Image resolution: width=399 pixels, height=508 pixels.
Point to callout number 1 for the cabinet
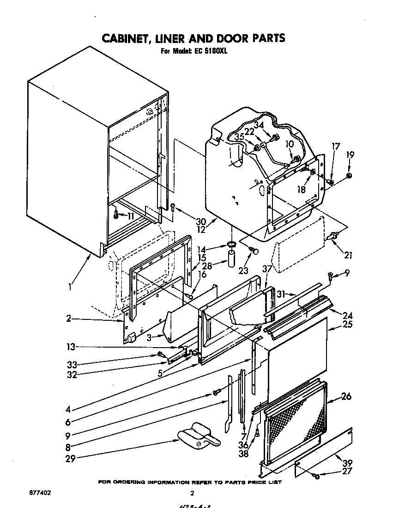pos(70,287)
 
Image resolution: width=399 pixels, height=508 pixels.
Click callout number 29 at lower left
pos(70,459)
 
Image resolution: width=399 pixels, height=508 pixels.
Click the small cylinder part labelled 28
pos(231,258)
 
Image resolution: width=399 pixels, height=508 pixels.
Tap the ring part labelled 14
pos(231,244)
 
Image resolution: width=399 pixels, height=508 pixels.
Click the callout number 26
pos(346,396)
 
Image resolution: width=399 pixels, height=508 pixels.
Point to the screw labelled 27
pos(316,477)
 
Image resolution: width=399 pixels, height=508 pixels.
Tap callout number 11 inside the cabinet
pos(131,216)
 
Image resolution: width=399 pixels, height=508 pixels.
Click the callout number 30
pos(188,221)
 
